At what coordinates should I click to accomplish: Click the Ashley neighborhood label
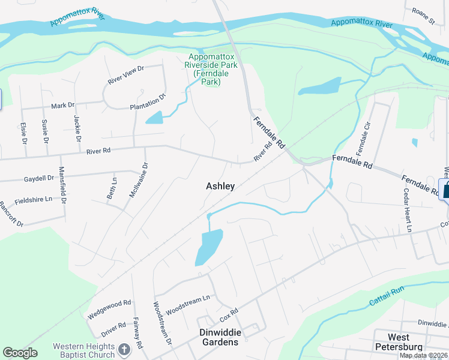[220, 186]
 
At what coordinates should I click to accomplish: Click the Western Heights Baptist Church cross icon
[124, 349]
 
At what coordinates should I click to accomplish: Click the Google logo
[20, 352]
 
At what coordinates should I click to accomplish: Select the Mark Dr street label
[62, 105]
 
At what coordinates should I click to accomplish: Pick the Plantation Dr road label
[148, 103]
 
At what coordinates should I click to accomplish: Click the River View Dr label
[126, 73]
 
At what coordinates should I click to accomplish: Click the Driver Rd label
[113, 329]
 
